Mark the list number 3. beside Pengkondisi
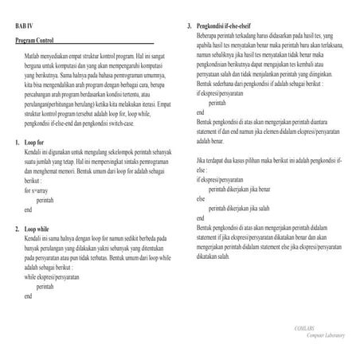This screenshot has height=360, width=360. [189, 27]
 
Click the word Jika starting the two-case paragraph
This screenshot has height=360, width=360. [202, 161]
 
